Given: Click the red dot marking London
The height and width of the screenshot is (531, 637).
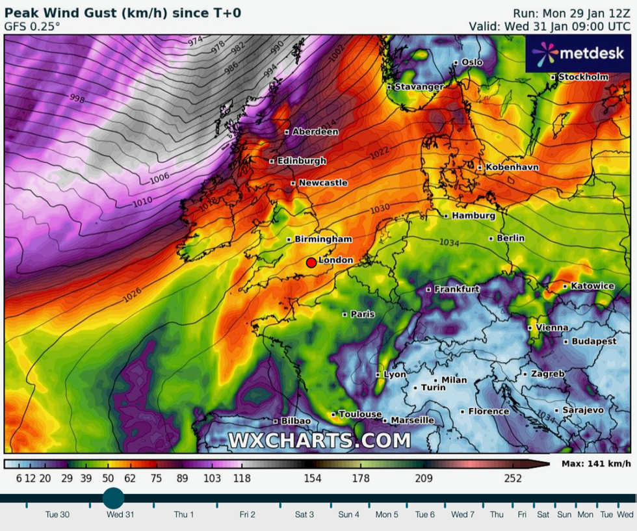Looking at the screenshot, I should [x=311, y=263].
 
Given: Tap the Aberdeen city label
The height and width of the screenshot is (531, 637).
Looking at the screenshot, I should [x=315, y=131].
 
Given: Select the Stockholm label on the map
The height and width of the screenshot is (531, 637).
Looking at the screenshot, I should [x=583, y=77].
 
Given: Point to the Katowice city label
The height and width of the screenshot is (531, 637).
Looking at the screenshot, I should [x=591, y=286].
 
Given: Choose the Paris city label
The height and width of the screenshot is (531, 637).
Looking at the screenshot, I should [x=363, y=314].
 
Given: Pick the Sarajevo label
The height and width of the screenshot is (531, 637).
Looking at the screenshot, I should [x=582, y=410].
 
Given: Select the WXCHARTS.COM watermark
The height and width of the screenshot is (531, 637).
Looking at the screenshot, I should [x=319, y=441].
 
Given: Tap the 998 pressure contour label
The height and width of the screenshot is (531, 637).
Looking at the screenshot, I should [x=77, y=98].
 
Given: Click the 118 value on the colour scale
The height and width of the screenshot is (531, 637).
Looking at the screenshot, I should [x=242, y=479].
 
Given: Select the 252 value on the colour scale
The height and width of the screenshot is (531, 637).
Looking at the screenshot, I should [x=513, y=479].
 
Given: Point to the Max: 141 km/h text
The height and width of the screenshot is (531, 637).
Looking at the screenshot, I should [x=595, y=463].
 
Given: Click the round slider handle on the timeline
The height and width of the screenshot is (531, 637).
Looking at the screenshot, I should [x=114, y=499].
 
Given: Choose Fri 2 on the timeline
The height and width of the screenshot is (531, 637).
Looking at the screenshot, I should [x=247, y=514].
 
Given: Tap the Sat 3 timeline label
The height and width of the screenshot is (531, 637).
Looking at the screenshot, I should [x=304, y=514].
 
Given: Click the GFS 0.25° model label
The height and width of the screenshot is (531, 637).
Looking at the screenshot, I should [x=32, y=27].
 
